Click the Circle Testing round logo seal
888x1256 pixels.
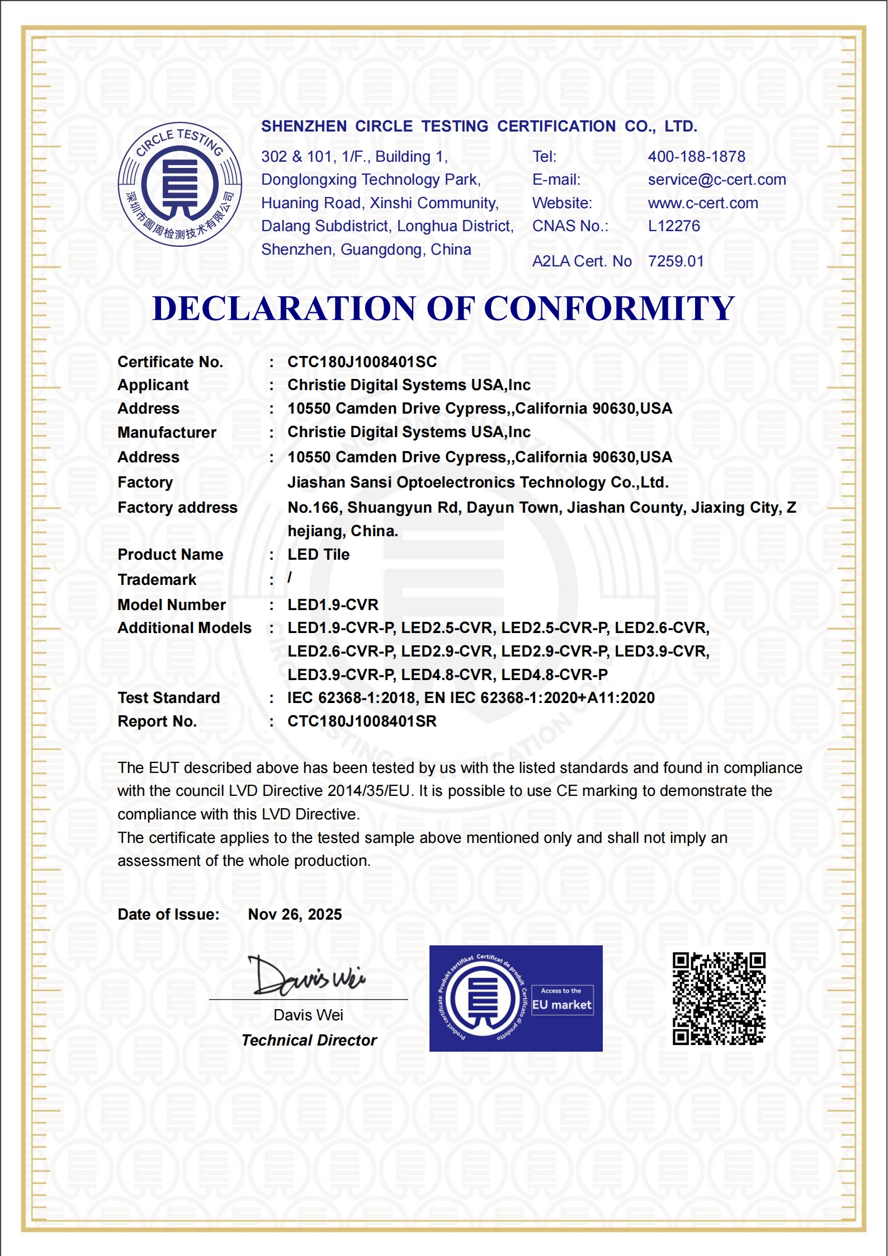(x=180, y=184)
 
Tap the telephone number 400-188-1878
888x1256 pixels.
(x=696, y=156)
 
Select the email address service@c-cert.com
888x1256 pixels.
(x=716, y=179)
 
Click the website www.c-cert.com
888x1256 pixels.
(x=702, y=203)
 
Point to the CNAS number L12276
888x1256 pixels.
(x=673, y=226)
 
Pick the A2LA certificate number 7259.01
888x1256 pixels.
(x=676, y=261)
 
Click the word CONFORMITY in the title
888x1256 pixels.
(x=608, y=308)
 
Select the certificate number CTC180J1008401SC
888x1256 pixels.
(x=362, y=362)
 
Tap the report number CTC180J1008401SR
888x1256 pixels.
(x=362, y=721)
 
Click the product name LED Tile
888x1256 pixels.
(x=318, y=554)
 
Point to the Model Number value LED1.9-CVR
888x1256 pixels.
(x=333, y=604)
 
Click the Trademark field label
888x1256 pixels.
(x=157, y=579)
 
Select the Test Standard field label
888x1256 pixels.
(x=168, y=697)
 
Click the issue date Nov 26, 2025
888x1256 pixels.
(x=295, y=914)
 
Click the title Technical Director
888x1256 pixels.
(x=309, y=1040)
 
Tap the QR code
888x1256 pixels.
(x=719, y=998)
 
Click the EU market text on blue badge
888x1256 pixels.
(x=561, y=1005)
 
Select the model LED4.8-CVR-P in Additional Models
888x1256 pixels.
(x=554, y=674)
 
